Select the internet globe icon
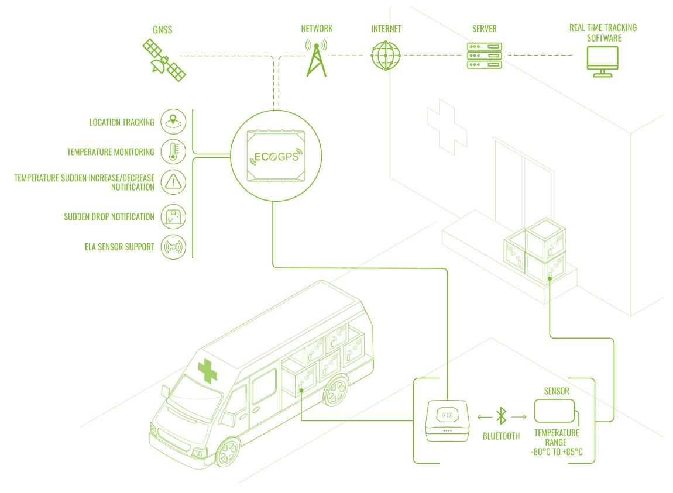click(x=386, y=55)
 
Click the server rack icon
click(x=485, y=56)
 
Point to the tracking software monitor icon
click(x=603, y=62)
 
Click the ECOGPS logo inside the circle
click(x=274, y=157)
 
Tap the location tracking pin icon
click(x=173, y=122)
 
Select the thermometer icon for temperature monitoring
click(x=173, y=151)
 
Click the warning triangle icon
click(x=173, y=181)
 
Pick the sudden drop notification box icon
click(x=173, y=216)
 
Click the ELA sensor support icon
click(x=173, y=246)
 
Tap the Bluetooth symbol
click(x=501, y=416)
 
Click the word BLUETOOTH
click(x=501, y=436)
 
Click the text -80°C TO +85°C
click(x=557, y=451)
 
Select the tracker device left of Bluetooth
click(x=447, y=420)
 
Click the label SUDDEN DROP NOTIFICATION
click(x=109, y=216)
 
